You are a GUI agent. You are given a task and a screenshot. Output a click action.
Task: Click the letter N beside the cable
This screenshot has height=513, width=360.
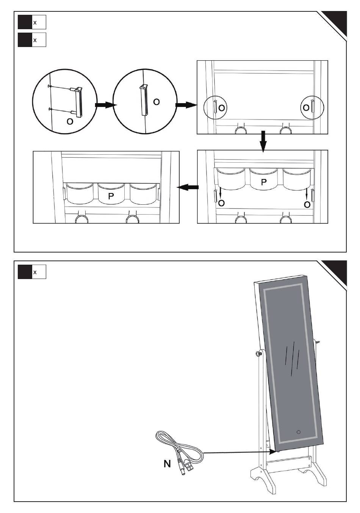167,464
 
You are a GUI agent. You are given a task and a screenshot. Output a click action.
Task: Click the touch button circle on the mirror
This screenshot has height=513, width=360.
299,432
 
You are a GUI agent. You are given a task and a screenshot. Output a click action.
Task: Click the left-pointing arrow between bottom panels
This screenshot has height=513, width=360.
188,187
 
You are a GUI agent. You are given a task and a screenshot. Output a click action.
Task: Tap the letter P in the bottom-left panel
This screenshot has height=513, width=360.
111,196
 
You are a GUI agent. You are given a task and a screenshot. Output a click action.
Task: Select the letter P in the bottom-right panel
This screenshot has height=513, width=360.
264,182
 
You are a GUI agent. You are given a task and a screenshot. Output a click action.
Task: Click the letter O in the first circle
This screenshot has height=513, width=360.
70,121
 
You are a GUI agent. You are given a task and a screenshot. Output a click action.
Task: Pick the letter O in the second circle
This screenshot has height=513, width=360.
156,102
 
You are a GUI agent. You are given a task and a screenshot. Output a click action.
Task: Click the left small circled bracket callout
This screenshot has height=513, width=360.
216,107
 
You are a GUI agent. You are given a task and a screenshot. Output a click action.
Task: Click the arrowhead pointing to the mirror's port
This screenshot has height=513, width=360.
273,452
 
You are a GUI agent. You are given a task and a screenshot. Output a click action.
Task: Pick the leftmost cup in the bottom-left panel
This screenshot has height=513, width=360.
80,193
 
